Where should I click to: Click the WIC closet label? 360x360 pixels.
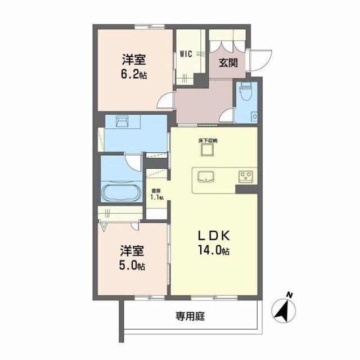(x=186, y=54)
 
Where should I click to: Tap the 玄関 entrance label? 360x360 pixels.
(x=227, y=62)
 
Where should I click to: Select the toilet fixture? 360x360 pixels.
(x=245, y=93)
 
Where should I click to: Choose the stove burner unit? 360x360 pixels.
(x=246, y=177)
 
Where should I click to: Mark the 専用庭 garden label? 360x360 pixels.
(x=190, y=317)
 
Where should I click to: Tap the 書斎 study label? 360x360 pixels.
(x=155, y=191)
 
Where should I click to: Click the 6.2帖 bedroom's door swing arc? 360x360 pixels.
(x=165, y=101)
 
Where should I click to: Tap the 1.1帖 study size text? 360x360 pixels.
(x=156, y=197)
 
